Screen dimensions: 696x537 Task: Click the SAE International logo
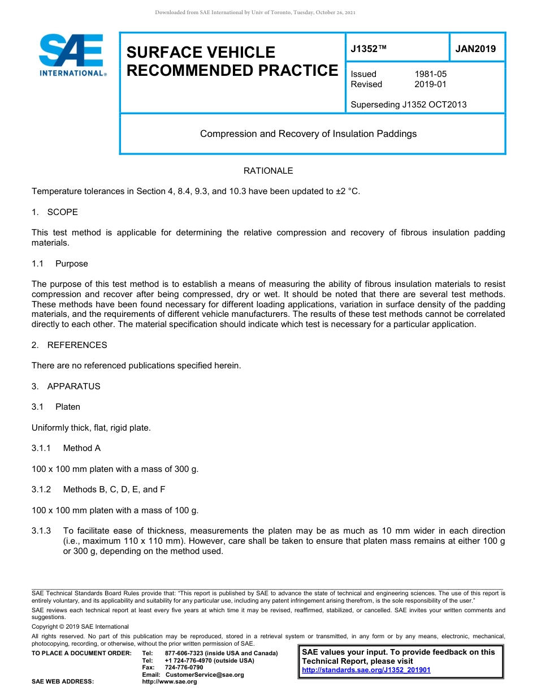[71, 55]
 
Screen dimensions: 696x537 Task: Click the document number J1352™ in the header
[368, 49]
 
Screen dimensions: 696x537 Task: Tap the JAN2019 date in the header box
[475, 49]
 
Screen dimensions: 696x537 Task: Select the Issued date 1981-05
[430, 74]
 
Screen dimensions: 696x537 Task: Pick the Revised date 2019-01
[430, 84]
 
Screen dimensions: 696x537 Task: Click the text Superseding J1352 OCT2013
[408, 104]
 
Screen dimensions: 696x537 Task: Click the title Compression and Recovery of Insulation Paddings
[308, 134]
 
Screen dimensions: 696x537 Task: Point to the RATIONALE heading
[268, 170]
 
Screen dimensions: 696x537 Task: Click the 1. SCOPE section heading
[55, 212]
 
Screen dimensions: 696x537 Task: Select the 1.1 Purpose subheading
[60, 264]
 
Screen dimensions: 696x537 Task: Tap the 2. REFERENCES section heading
[69, 345]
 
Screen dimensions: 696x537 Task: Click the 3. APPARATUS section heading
[66, 386]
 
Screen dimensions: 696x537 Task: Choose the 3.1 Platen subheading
[56, 407]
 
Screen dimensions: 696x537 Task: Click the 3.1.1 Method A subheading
[66, 448]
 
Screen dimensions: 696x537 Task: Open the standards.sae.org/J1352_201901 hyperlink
[366, 670]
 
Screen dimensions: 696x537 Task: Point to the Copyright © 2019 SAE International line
[80, 626]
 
